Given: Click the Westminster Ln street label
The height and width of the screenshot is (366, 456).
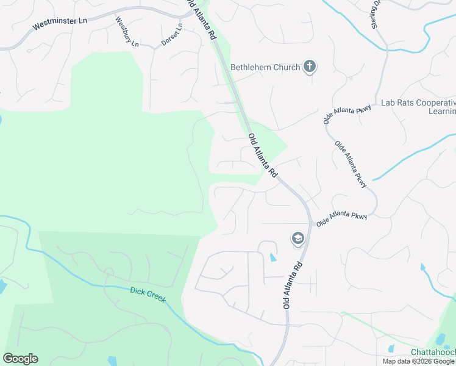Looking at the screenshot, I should tap(60, 23).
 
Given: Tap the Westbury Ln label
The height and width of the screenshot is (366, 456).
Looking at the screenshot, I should tap(127, 32).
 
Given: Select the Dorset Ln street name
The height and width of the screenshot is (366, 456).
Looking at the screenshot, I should tap(172, 36).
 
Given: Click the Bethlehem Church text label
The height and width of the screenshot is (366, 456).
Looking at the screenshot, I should tap(266, 67).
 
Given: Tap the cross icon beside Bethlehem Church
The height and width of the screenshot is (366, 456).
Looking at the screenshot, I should tap(310, 66).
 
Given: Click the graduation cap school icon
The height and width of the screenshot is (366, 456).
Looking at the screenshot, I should tap(298, 239).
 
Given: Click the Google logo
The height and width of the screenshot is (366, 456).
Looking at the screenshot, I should tap(20, 359).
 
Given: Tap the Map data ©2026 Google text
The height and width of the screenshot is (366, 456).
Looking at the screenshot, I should tap(418, 361).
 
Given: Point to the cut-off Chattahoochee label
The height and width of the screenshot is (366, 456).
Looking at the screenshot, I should tap(433, 353).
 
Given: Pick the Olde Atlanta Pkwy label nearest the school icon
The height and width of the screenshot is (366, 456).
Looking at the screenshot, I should tap(341, 219).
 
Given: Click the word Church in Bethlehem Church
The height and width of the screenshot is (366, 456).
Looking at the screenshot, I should tap(287, 67).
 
